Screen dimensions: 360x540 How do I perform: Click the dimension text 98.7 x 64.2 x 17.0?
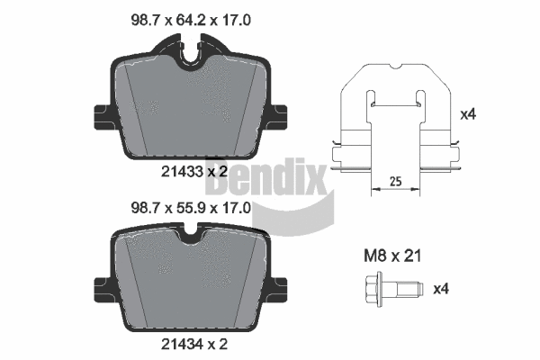pyautogui.click(x=190, y=17)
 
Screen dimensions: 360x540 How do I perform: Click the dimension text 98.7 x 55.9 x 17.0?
pyautogui.click(x=190, y=206)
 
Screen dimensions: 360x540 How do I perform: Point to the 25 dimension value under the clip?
pyautogui.click(x=394, y=181)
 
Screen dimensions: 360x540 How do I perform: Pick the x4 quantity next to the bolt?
pyautogui.click(x=442, y=289)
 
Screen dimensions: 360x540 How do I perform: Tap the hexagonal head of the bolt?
pyautogui.click(x=369, y=290)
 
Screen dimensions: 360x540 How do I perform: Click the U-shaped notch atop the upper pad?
pyautogui.click(x=190, y=53)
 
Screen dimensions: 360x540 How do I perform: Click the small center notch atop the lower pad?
pyautogui.click(x=190, y=238)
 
